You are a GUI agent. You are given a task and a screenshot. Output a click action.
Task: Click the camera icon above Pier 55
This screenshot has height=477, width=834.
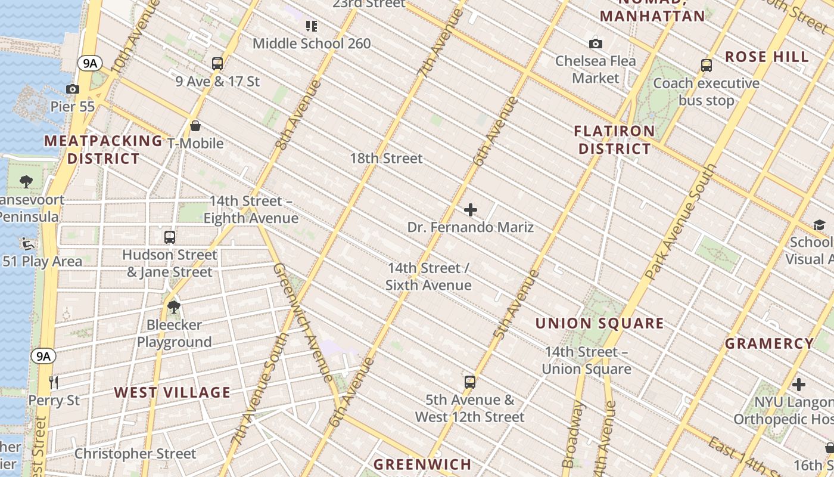coord(73,89)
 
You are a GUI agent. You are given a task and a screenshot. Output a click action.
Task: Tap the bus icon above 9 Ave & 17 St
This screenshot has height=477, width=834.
coord(217,64)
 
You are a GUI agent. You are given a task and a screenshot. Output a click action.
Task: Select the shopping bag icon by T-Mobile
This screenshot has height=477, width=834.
coord(195,126)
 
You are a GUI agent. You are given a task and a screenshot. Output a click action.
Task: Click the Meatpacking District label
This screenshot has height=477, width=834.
coord(103,150)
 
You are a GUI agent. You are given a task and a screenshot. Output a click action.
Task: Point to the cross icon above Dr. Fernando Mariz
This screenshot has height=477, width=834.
coord(471,210)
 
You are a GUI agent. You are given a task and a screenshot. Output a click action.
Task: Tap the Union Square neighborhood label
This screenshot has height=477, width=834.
coord(599,324)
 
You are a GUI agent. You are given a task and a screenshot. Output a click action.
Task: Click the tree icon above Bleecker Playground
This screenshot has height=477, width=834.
coord(174,308)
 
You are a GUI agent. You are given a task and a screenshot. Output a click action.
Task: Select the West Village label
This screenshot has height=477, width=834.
coord(172,392)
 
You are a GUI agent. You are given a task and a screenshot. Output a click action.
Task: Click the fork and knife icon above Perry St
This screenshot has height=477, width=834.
coord(54,382)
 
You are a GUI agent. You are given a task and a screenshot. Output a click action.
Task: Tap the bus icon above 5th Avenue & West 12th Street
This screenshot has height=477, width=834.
coord(470,382)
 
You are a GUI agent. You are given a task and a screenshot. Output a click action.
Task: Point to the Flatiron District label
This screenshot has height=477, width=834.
coord(614,140)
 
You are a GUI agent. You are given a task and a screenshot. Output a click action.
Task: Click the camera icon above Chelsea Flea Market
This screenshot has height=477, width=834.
coord(595,44)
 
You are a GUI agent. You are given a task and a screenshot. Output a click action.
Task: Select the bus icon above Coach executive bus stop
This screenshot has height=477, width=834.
coord(707,66)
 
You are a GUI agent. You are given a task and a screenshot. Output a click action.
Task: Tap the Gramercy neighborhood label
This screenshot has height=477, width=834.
coord(769,343)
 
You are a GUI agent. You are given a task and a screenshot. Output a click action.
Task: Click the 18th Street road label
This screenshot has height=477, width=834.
coord(386,159)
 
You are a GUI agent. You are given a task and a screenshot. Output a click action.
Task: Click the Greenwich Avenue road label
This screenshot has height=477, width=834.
coord(303,323)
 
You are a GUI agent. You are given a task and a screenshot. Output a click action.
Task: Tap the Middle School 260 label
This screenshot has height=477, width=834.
coord(312,44)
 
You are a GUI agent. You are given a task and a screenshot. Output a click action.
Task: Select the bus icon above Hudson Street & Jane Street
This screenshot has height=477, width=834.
coord(170,237)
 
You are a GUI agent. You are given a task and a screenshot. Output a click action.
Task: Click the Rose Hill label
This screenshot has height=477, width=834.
coord(767,57)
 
